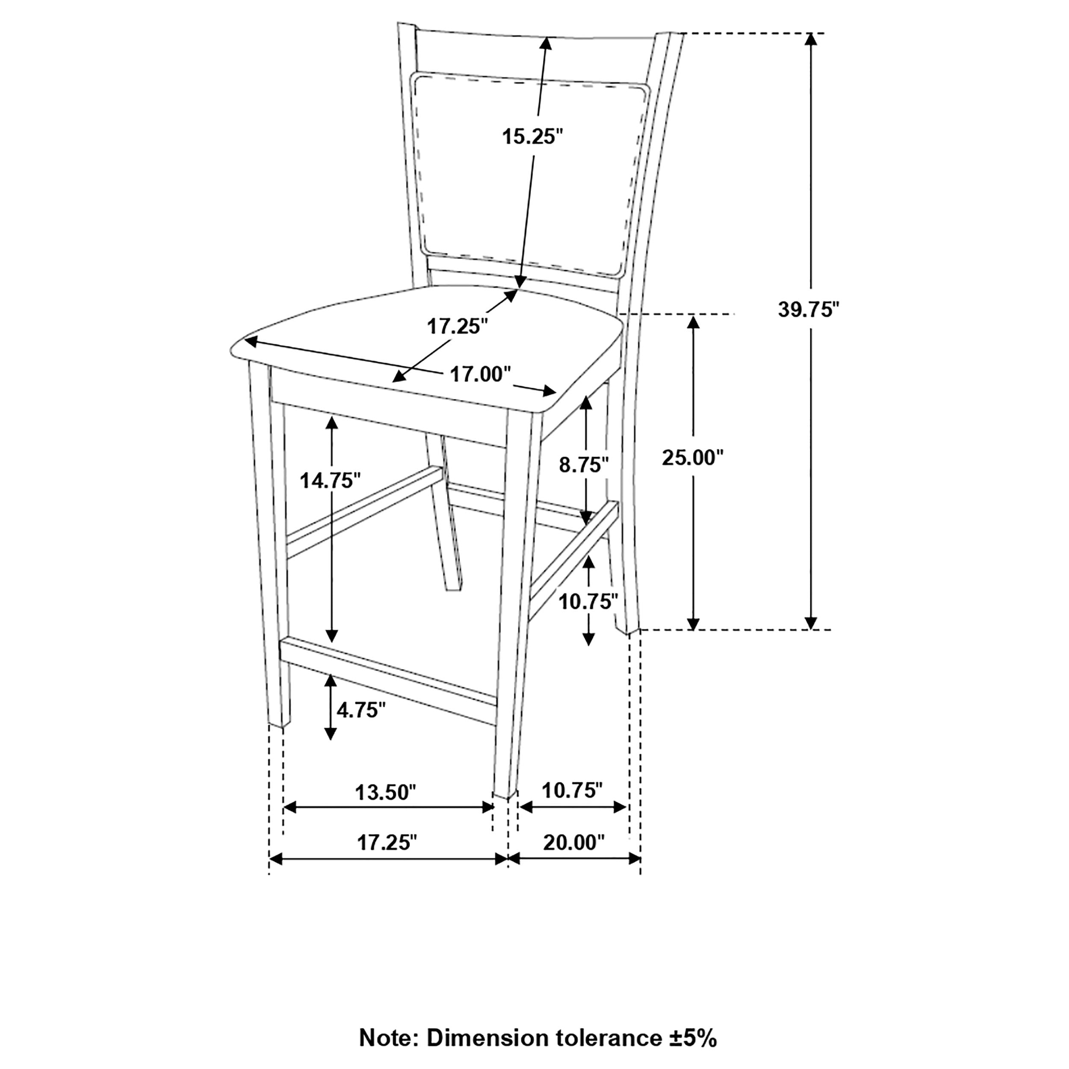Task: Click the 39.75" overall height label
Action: (x=809, y=310)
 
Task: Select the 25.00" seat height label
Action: (x=693, y=458)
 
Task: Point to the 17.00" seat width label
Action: (x=480, y=375)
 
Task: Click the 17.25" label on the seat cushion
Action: (x=457, y=326)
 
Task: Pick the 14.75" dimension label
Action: (x=331, y=480)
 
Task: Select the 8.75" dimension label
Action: (x=584, y=465)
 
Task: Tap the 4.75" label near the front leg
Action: (x=361, y=710)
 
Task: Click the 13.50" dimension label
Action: (x=385, y=792)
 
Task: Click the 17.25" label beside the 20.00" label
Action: (x=387, y=843)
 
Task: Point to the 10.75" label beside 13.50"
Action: (x=572, y=791)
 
